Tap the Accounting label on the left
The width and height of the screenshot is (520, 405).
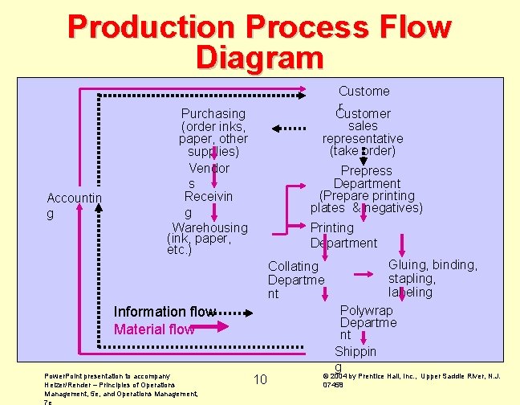pyautogui.click(x=74, y=206)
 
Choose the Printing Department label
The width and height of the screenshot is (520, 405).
pyautogui.click(x=343, y=235)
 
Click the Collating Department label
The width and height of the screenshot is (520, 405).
pyautogui.click(x=295, y=280)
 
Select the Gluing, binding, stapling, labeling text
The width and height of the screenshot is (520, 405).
pyautogui.click(x=432, y=278)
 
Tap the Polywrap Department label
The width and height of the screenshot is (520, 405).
pyautogui.click(x=368, y=322)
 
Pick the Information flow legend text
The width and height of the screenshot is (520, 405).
pyautogui.click(x=163, y=312)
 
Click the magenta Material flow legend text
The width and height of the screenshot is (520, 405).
pyautogui.click(x=153, y=329)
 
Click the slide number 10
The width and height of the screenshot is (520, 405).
pyautogui.click(x=260, y=379)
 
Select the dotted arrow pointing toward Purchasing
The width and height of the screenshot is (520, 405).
pyautogui.click(x=289, y=128)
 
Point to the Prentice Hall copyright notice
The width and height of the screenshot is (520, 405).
pyautogui.click(x=410, y=380)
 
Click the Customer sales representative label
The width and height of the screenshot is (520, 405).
pyautogui.click(x=363, y=132)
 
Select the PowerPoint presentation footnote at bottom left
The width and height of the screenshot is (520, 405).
pyautogui.click(x=120, y=385)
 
